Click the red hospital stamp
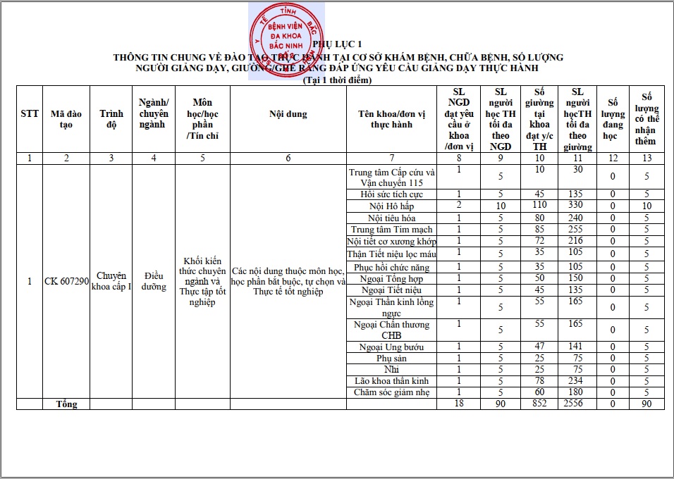(x=286, y=40)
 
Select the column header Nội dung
(x=288, y=114)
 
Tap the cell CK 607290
(x=66, y=281)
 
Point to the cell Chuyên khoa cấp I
(x=111, y=281)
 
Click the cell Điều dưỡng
(x=154, y=281)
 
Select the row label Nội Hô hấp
(x=392, y=206)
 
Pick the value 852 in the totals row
(x=539, y=404)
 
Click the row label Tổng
(x=67, y=404)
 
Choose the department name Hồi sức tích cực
(x=392, y=194)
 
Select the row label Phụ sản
(x=392, y=359)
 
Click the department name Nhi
(x=392, y=370)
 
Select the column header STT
(x=30, y=114)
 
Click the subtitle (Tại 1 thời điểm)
(x=336, y=80)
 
